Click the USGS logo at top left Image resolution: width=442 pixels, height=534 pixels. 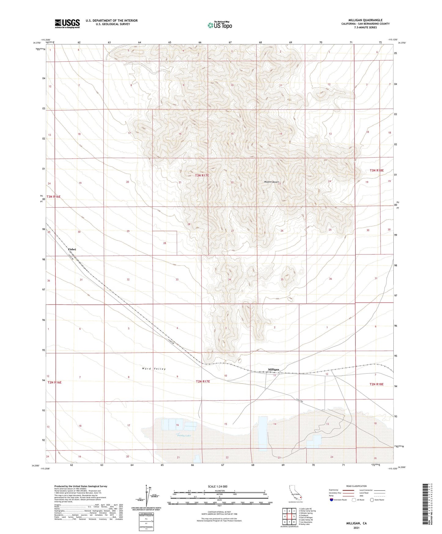point(67,24)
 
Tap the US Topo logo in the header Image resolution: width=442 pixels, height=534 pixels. point(220,25)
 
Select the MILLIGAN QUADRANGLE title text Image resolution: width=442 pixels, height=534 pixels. point(365,20)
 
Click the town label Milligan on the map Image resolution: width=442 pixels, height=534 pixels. point(273,369)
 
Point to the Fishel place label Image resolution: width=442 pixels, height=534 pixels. point(72,250)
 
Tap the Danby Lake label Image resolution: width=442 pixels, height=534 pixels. point(184,436)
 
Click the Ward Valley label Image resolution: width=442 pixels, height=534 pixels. point(154,369)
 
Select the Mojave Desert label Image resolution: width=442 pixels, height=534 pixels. point(271,182)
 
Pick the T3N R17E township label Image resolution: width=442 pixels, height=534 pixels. point(202,176)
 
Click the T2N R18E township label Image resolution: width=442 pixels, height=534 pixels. point(376,384)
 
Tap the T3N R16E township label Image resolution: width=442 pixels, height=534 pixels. point(54,197)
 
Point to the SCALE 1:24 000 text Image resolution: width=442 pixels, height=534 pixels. point(217,486)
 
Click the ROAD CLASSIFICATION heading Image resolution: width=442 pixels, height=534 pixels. point(356,486)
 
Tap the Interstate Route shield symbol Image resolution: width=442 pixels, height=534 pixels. point(332,500)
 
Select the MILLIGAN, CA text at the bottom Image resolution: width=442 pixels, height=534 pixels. point(356,523)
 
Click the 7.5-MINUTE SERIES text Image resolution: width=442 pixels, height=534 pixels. point(365,28)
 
